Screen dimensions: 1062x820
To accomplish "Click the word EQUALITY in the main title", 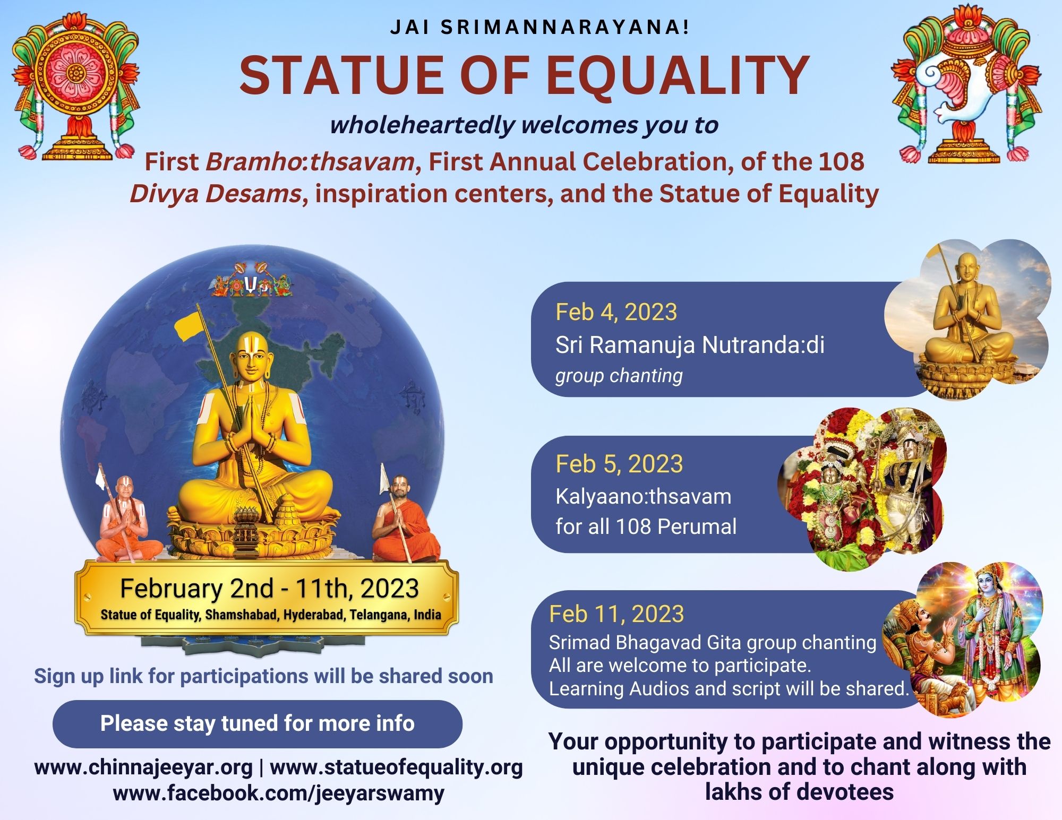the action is (x=678, y=76).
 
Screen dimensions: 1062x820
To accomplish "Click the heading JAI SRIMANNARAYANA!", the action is (x=539, y=28).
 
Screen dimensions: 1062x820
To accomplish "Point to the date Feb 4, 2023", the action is (x=616, y=312).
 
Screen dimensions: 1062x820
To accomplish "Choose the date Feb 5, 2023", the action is (x=619, y=464).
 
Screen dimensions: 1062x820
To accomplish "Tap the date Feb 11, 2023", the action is (x=616, y=614).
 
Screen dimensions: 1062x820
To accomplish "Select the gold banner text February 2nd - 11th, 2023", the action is (x=269, y=589).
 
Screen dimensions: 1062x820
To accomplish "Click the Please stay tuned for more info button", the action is (x=258, y=723).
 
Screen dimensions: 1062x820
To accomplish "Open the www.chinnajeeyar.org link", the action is (x=143, y=767).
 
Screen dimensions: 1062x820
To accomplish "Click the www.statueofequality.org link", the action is (x=396, y=767).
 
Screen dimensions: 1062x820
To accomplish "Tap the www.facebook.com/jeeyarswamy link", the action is (x=279, y=793).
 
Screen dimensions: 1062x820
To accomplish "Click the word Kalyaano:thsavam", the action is (x=644, y=497).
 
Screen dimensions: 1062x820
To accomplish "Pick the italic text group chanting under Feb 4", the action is (x=619, y=376).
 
